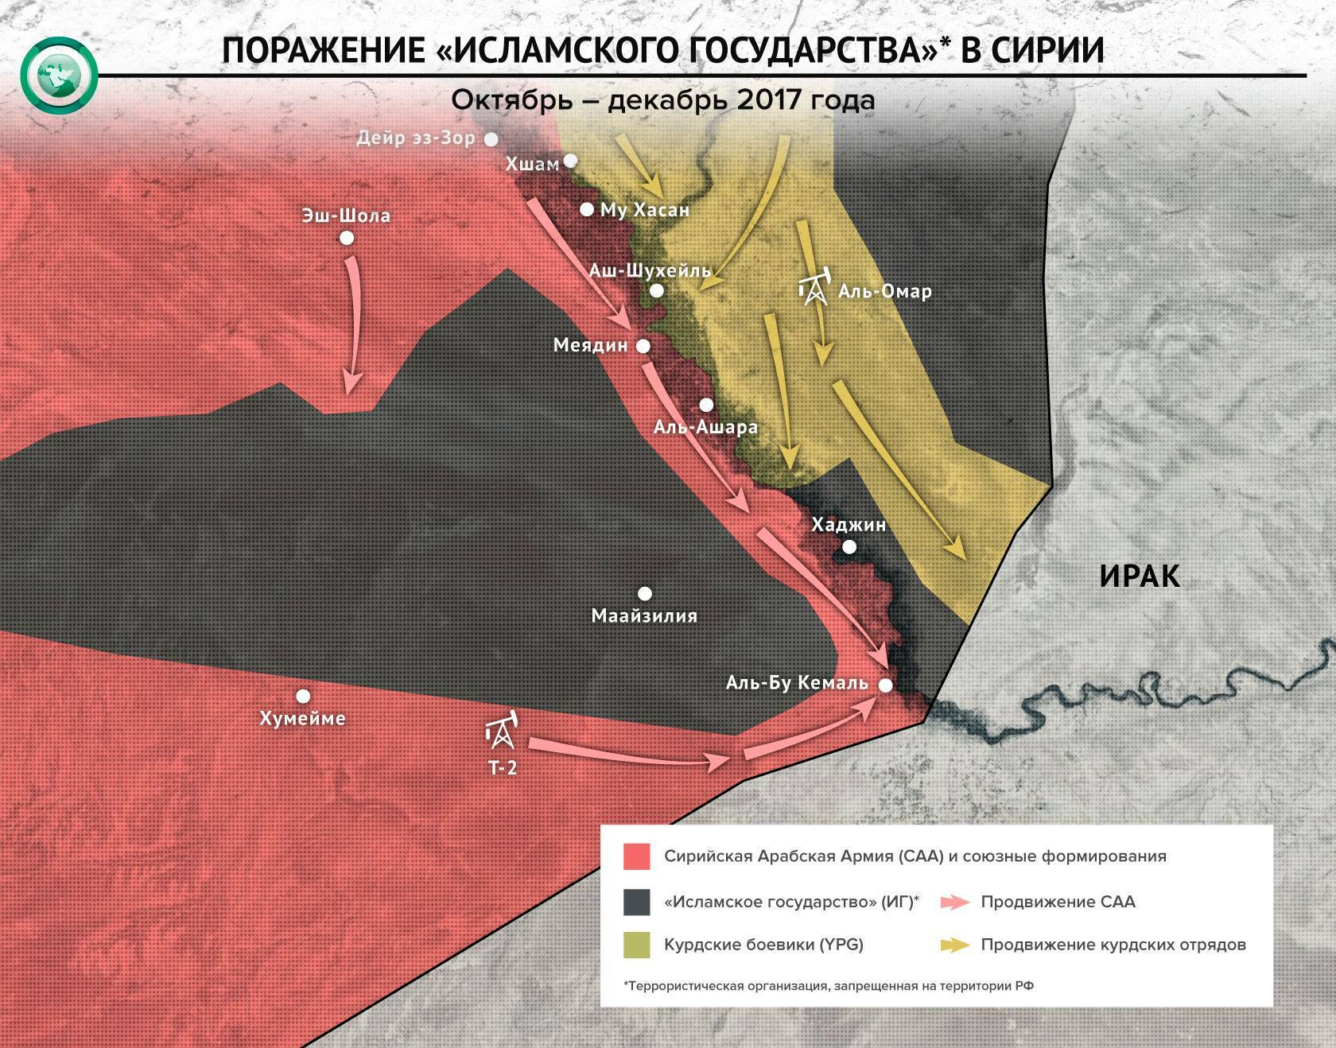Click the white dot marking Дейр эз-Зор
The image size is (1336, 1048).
coord(491,139)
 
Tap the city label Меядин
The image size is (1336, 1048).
coord(591,346)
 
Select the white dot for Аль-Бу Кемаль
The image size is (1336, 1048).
coord(885,685)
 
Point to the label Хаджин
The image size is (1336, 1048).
coord(849,525)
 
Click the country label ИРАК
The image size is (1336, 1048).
coord(1140,575)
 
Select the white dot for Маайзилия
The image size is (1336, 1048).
coord(645,593)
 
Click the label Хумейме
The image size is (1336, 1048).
coord(303,718)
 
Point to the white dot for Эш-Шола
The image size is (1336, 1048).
coord(346,238)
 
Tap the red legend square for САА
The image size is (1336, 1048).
coord(637,856)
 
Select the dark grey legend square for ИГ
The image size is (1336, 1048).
coord(637,902)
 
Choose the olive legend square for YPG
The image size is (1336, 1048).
coord(637,945)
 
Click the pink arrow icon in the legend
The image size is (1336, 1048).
coord(954,902)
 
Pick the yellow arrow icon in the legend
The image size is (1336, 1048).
coord(954,945)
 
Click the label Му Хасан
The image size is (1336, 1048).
coord(644,210)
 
